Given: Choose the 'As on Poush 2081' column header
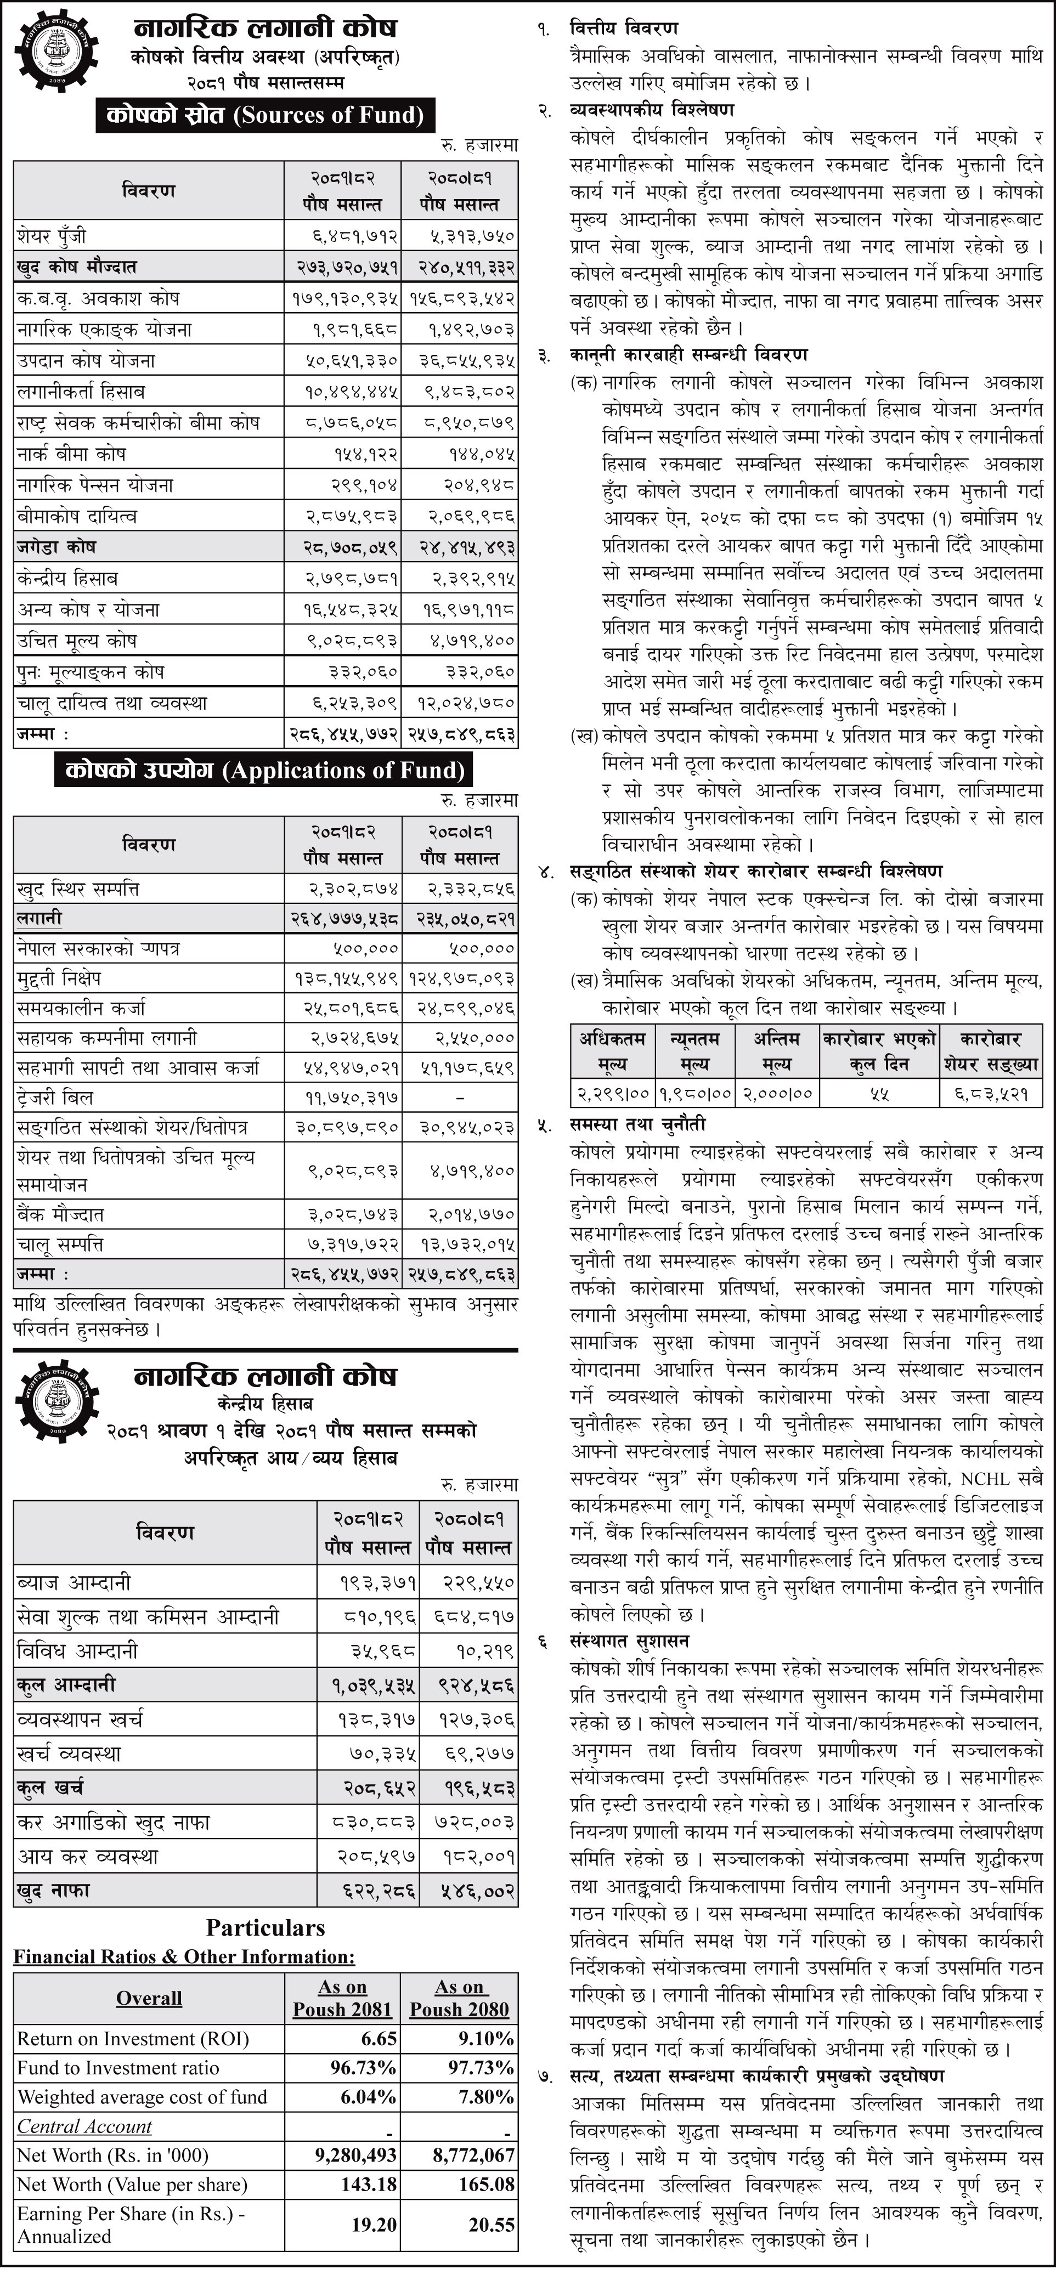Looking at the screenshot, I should (x=342, y=1998).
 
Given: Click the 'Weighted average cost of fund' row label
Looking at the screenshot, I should (x=142, y=2096).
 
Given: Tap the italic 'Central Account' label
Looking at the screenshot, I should (x=85, y=2126).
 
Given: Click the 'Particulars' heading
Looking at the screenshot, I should (x=266, y=1927).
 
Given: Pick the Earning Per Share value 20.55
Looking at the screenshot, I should (x=491, y=2224).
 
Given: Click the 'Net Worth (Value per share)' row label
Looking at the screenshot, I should (x=132, y=2184).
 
